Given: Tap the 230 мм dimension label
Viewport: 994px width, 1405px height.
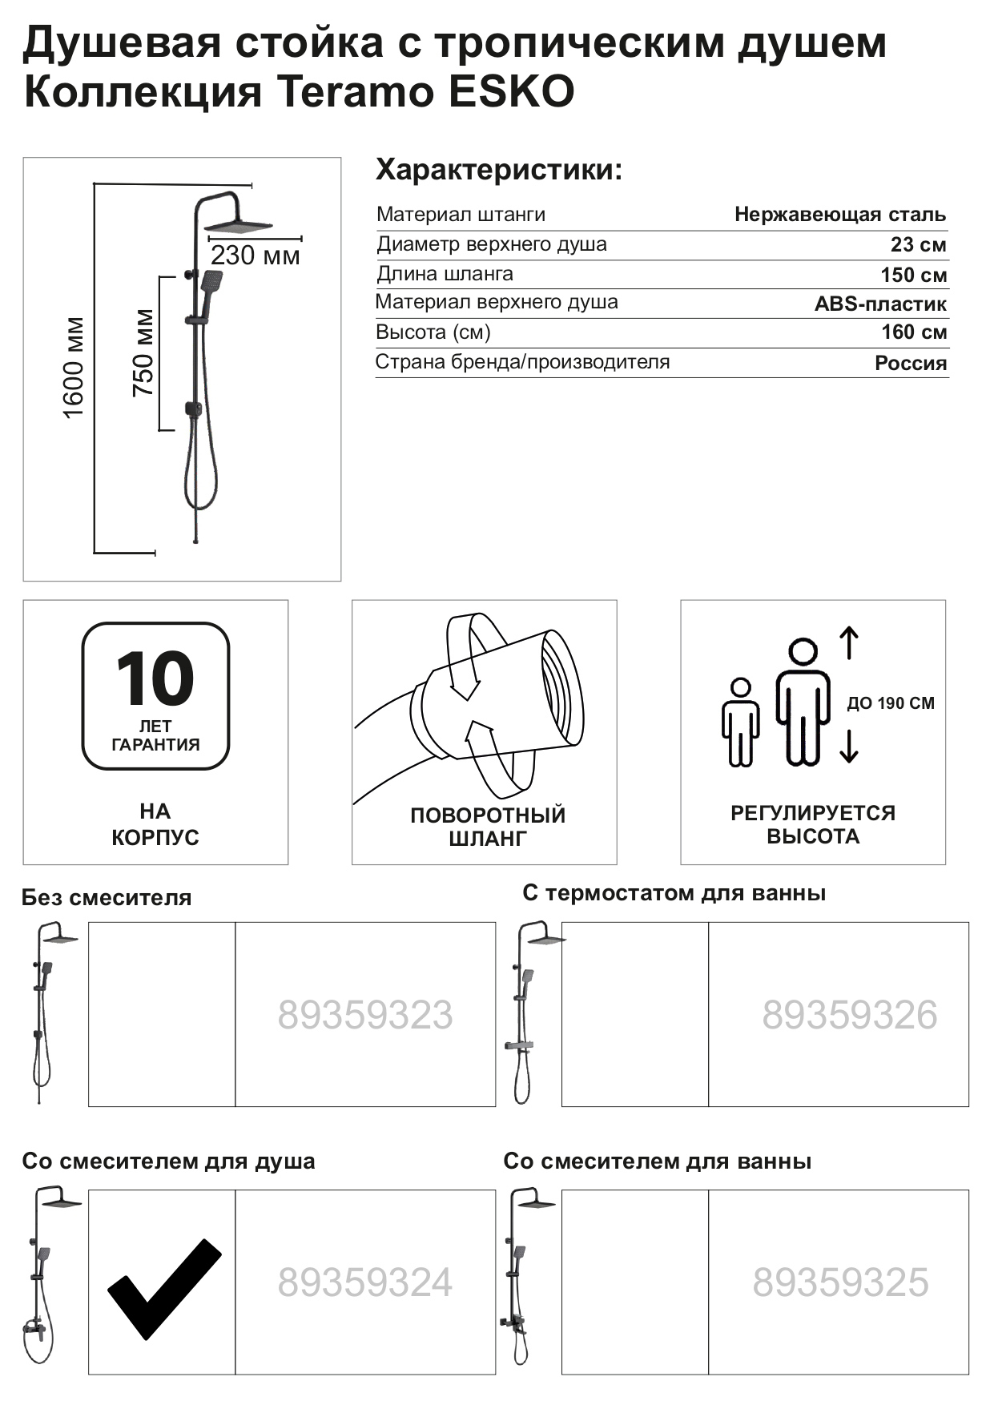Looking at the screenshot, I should (x=255, y=256).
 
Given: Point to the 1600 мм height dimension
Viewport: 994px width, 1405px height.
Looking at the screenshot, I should (x=74, y=368).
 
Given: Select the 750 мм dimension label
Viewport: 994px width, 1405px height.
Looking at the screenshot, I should (x=143, y=353).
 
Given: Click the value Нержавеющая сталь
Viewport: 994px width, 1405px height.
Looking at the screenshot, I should (x=839, y=215).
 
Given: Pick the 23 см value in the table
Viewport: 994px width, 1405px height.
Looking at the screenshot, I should (x=918, y=245).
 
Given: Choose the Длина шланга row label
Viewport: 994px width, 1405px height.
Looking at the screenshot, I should (x=445, y=274).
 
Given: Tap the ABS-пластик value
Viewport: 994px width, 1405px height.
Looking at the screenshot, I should (x=880, y=304).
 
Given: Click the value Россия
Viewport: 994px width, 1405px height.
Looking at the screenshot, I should (x=911, y=364).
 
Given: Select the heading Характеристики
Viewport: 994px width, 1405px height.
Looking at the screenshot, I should (x=498, y=171).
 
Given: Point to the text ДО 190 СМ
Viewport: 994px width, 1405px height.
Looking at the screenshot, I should (x=891, y=703).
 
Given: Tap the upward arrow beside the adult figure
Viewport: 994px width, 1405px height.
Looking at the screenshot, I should (x=849, y=643).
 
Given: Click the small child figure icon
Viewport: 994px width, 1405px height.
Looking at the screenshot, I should (x=740, y=722).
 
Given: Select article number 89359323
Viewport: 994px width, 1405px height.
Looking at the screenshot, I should (x=365, y=1015).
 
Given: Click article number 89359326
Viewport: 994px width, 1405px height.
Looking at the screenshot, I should (x=849, y=1015).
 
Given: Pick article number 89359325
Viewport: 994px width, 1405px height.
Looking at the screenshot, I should (x=840, y=1282).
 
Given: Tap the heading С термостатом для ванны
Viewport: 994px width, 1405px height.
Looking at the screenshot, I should (x=674, y=893).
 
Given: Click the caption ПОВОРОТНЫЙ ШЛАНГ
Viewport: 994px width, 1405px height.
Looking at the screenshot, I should (x=488, y=827).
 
